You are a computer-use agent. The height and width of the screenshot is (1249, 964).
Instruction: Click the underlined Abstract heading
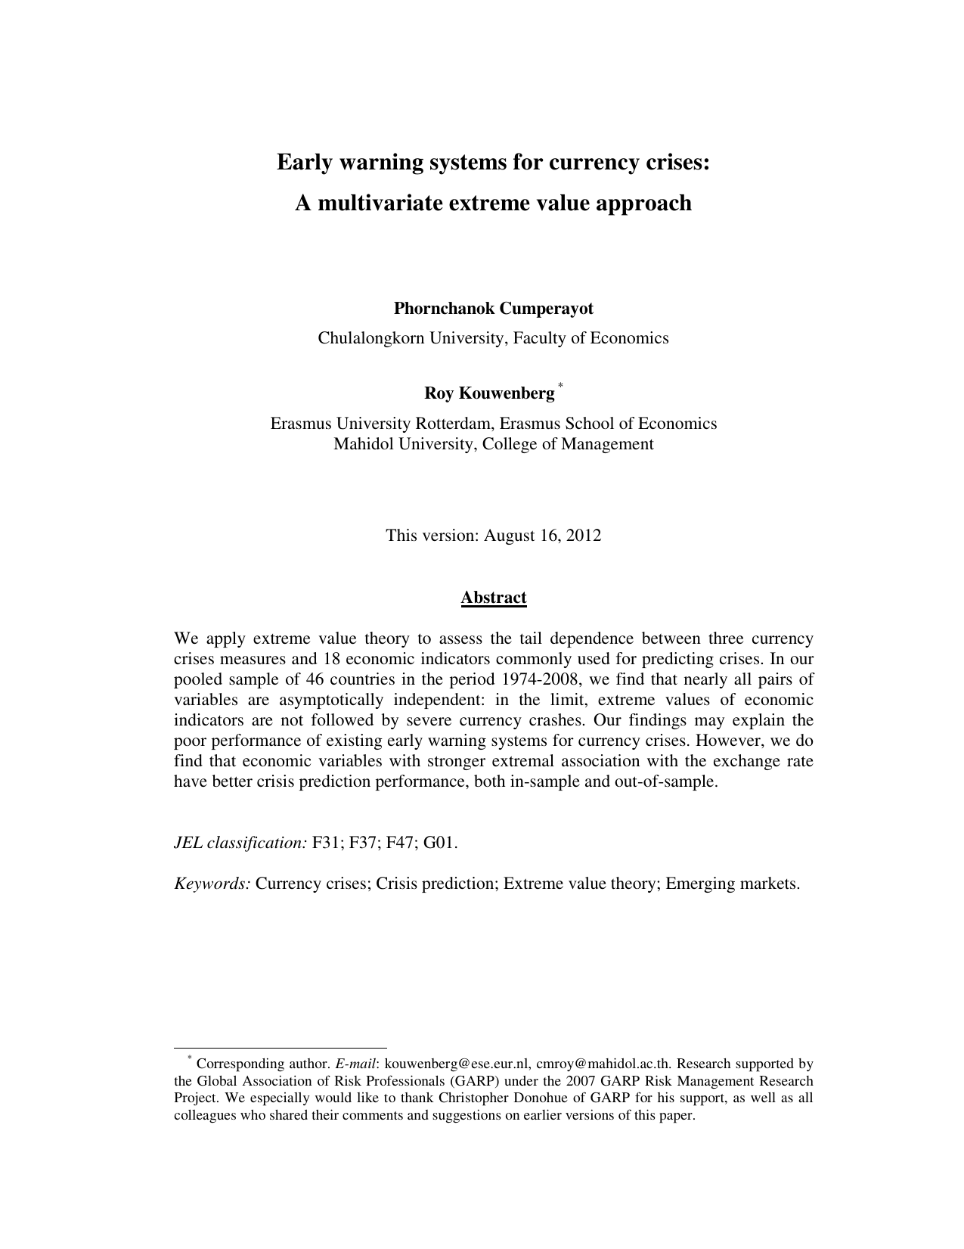point(493,598)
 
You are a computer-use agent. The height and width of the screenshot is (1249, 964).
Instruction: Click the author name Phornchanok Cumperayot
point(493,309)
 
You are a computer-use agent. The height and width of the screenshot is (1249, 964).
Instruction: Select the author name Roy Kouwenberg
point(488,393)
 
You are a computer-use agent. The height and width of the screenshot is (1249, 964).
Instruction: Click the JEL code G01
point(440,842)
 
